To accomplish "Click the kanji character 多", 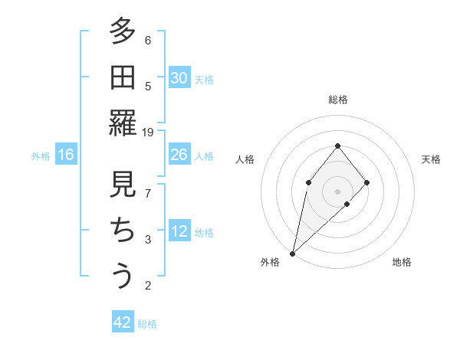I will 122,33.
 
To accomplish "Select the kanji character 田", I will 122,77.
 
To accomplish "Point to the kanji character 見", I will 122,185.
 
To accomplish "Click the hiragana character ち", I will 122,231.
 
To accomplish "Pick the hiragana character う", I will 122,276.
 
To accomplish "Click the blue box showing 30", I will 179,78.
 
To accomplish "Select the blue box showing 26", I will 179,155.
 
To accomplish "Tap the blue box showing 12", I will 179,232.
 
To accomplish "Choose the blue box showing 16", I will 66,155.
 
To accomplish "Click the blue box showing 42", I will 123,322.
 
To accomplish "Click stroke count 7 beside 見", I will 148,194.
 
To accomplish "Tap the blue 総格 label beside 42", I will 147,324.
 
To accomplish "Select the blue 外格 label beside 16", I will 41,156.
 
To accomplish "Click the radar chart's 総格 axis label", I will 338,100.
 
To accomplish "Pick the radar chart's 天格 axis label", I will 431,159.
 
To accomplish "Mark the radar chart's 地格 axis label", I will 402,262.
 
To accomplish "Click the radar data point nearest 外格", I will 293,253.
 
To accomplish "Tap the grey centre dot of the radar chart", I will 337,191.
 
